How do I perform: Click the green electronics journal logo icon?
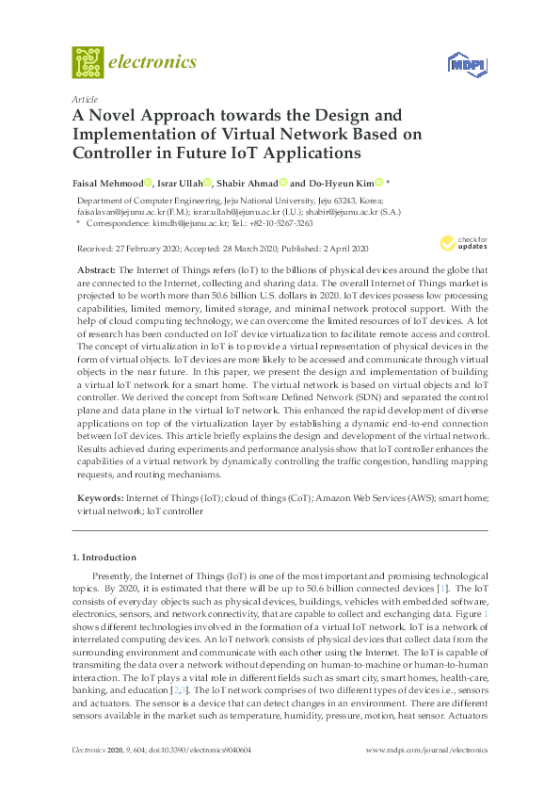click(88, 62)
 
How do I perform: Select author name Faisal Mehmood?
click(107, 183)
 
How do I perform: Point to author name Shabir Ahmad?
click(249, 183)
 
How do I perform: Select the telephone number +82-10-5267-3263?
click(274, 224)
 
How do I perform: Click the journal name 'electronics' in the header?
click(153, 62)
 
